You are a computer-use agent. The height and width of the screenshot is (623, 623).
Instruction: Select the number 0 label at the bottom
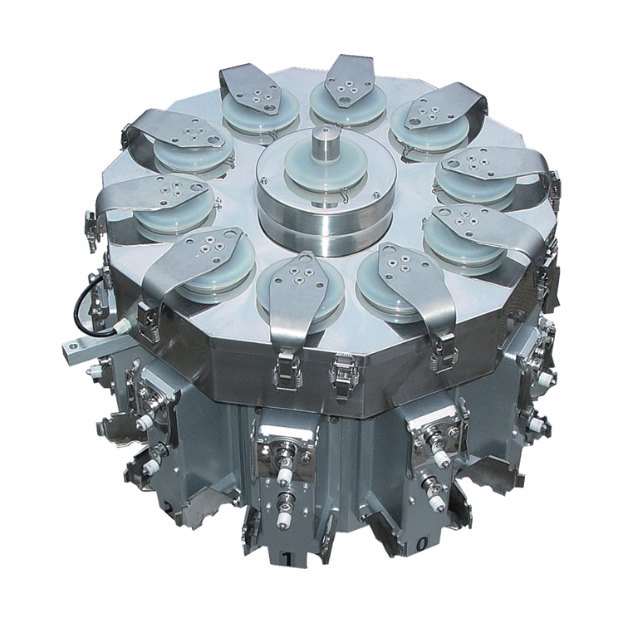423,544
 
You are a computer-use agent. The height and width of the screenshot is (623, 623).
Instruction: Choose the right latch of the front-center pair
342,374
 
